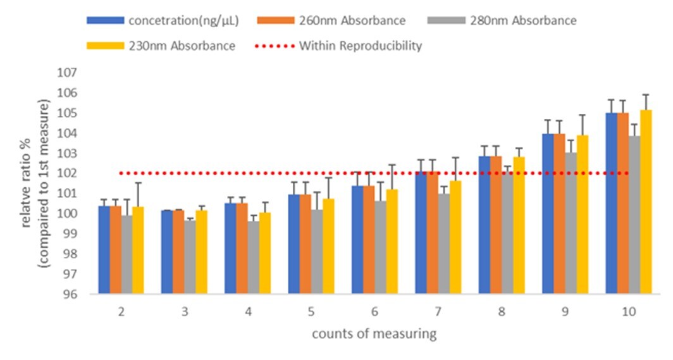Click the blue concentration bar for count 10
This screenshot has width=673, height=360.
point(612,203)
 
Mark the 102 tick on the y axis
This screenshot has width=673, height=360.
point(86,173)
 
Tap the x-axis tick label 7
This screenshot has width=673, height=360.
point(438,311)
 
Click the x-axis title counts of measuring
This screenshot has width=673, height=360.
point(374,334)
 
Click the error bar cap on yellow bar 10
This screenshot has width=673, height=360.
point(646,95)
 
